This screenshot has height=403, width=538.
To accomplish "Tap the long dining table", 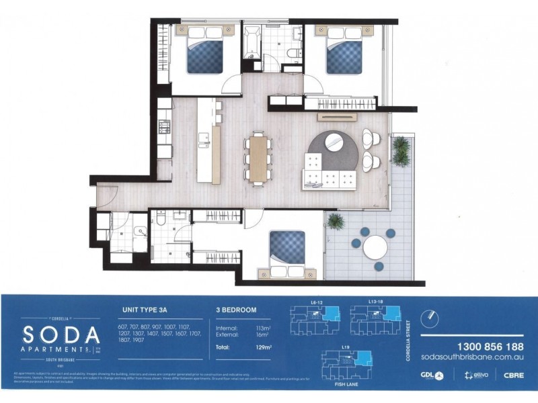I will tap(258, 159).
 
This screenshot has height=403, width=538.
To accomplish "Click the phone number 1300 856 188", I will tap(472, 347).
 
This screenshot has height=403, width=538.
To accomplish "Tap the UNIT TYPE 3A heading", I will tap(145, 310).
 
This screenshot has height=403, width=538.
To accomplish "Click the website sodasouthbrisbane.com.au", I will tap(471, 359).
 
